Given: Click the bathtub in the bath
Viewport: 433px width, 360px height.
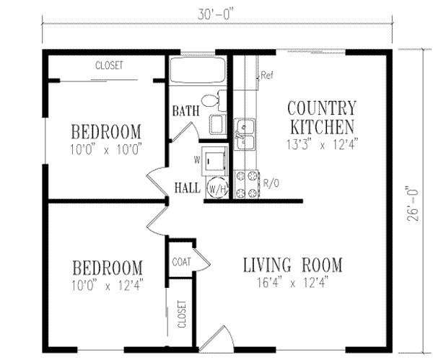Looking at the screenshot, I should pos(198,72).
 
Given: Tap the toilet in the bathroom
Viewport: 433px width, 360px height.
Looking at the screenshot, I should pos(209,102).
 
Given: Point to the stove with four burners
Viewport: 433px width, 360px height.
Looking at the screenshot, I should pos(246,183).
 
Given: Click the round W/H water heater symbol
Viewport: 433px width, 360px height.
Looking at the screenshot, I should pos(216,188).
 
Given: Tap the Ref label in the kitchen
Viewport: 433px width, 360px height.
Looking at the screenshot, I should pos(266,75).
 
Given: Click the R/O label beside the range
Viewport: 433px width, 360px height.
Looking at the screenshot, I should pos(271,183).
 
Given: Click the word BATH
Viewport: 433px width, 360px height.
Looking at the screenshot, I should pos(185,112).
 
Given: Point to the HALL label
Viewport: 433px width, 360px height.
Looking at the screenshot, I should pos(188,188).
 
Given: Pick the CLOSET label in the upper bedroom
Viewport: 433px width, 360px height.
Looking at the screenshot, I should pos(109,65).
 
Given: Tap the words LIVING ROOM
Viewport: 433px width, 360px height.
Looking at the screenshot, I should pos(292,263).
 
